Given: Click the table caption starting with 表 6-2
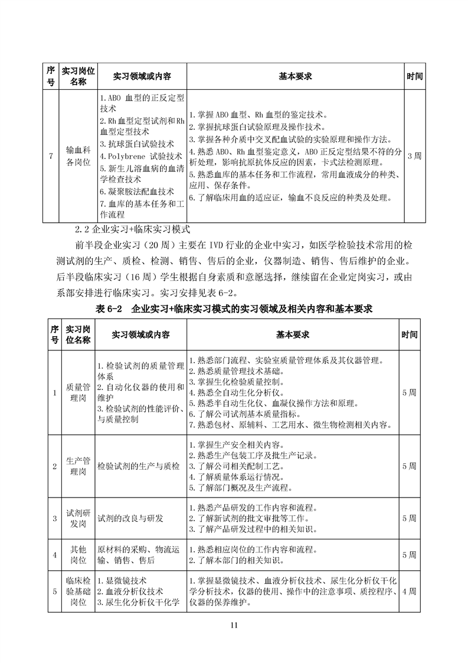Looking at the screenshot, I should point(234,308).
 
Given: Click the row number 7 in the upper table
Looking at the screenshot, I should point(51,156).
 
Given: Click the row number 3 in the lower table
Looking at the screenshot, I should point(54,518).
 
